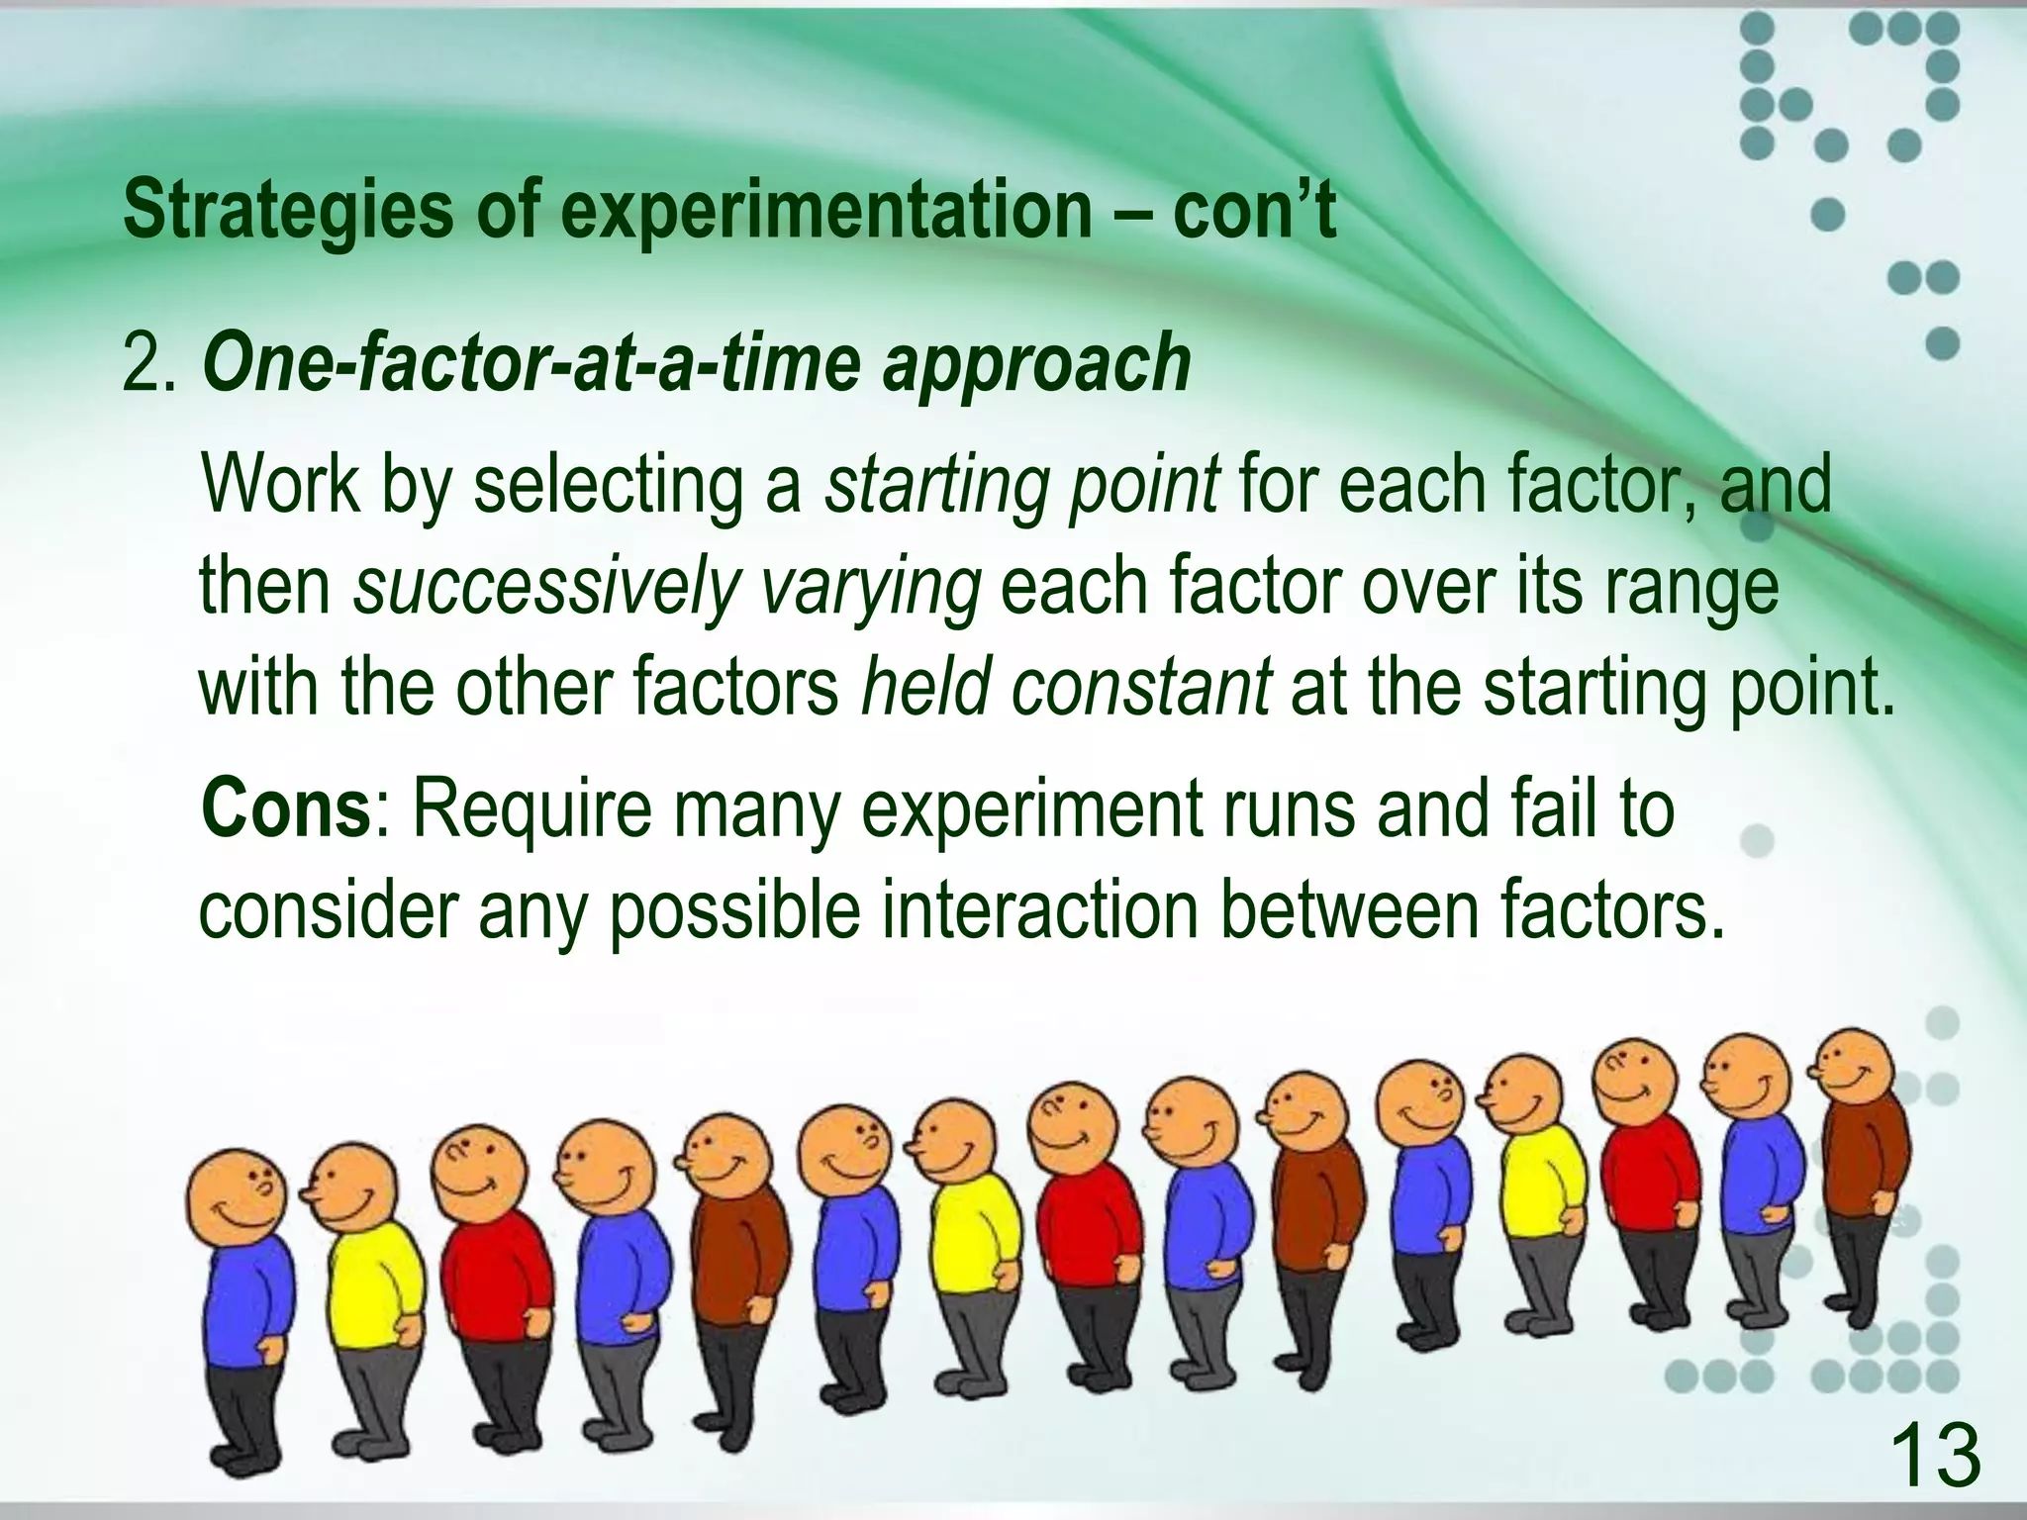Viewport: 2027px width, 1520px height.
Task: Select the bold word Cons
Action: [284, 808]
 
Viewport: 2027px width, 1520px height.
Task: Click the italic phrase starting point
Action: [1020, 485]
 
